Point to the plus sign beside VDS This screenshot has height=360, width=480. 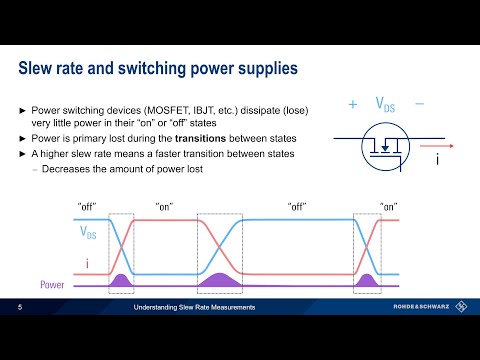[353, 104]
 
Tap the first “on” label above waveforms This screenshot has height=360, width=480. [165, 206]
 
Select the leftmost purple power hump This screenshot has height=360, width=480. [121, 281]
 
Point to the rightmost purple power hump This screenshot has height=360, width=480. [367, 281]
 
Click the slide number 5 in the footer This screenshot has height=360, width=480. [20, 308]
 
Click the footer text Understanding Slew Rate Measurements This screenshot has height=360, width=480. [195, 308]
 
